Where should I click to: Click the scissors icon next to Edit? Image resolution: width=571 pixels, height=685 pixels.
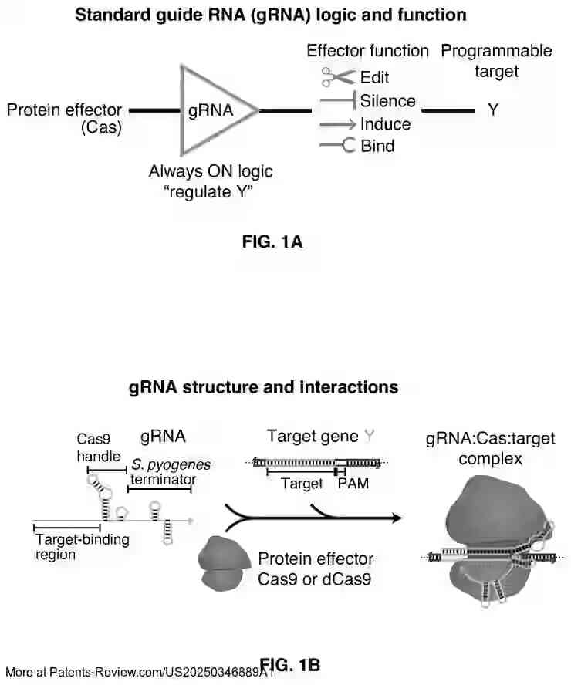pos(338,77)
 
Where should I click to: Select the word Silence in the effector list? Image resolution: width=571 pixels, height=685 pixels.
pos(387,101)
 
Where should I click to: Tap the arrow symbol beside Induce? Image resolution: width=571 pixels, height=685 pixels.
pos(337,124)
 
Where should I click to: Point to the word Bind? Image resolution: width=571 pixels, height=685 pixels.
pos(377,146)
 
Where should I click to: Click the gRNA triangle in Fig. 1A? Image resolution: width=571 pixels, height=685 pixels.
pos(215,110)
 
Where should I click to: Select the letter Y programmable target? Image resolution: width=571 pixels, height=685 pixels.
pos(493,110)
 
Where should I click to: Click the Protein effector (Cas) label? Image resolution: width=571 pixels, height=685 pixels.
pos(65,119)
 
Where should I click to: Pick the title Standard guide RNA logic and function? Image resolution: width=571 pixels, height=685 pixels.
pos(270,15)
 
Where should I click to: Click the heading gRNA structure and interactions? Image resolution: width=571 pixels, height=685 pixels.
pos(263,386)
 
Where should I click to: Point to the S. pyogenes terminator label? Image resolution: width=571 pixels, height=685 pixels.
pos(170,472)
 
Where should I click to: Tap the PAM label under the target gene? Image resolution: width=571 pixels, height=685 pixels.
pos(353,484)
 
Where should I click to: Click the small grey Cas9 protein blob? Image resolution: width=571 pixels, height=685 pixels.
pos(221,565)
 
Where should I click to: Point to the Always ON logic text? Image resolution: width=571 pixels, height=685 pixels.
pos(210,171)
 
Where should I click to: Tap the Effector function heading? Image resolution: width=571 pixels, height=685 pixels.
pos(367,51)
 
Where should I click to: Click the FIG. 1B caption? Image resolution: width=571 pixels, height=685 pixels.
pos(290,664)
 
